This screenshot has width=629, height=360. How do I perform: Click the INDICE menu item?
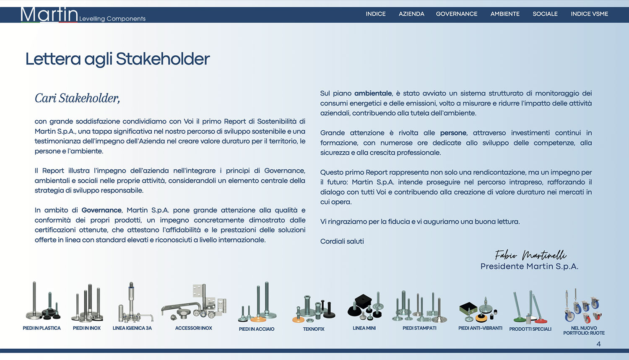pyautogui.click(x=375, y=14)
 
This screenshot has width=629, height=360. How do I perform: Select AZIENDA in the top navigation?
pyautogui.click(x=411, y=14)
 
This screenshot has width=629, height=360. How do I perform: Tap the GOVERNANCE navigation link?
pyautogui.click(x=456, y=14)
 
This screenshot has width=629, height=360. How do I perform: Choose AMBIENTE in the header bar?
pyautogui.click(x=505, y=14)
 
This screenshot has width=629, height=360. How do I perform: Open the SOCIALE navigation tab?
pyautogui.click(x=545, y=14)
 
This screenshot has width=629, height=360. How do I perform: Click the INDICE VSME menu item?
pyautogui.click(x=589, y=14)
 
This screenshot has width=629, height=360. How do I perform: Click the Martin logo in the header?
pyautogui.click(x=49, y=15)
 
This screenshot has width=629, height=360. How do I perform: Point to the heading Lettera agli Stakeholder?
pyautogui.click(x=117, y=59)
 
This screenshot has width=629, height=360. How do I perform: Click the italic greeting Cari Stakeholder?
pyautogui.click(x=77, y=98)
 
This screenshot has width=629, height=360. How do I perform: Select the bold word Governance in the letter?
pyautogui.click(x=101, y=210)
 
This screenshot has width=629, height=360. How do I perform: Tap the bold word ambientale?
pyautogui.click(x=373, y=93)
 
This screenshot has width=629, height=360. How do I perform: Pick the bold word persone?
pyautogui.click(x=453, y=133)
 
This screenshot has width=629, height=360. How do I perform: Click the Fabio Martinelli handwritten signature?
pyautogui.click(x=530, y=255)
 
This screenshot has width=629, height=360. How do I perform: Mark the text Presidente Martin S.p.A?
pyautogui.click(x=529, y=267)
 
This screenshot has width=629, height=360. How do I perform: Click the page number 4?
pyautogui.click(x=598, y=344)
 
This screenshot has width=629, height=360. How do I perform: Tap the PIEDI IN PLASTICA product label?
pyautogui.click(x=42, y=328)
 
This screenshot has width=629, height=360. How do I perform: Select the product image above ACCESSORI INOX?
pyautogui.click(x=193, y=302)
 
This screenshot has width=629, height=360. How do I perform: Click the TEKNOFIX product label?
pyautogui.click(x=314, y=329)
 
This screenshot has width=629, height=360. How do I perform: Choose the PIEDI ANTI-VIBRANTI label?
pyautogui.click(x=480, y=328)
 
